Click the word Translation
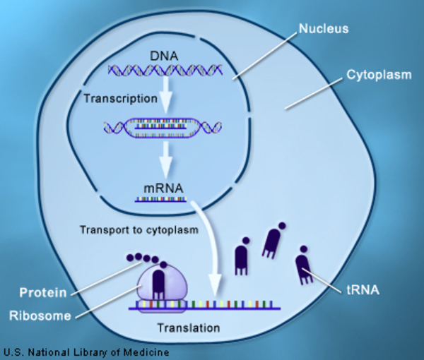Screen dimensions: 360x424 (188, 328)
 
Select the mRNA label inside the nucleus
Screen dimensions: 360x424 (162, 188)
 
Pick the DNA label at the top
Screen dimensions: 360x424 (163, 55)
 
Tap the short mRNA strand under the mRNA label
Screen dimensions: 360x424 (161, 200)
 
